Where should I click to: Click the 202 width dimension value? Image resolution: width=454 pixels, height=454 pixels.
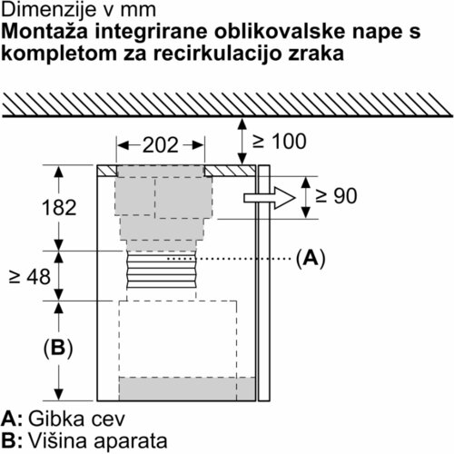click(161, 145)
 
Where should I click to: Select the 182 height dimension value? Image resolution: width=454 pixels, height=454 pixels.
click(59, 208)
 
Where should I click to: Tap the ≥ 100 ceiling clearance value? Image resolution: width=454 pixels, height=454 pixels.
click(279, 142)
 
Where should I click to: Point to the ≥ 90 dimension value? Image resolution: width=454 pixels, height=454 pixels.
click(336, 196)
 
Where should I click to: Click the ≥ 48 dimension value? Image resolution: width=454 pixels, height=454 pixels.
click(30, 277)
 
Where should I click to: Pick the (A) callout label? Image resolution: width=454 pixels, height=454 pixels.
click(311, 259)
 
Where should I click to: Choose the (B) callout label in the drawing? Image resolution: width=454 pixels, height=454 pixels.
click(58, 348)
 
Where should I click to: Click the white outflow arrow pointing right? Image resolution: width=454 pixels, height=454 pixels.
click(270, 198)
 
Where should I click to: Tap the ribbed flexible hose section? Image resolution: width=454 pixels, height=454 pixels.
click(162, 270)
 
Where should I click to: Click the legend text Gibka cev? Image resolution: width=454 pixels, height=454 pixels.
click(76, 419)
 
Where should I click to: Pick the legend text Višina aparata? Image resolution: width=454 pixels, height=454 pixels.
click(98, 440)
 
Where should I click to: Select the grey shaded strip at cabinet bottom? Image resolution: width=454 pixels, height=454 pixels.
click(187, 389)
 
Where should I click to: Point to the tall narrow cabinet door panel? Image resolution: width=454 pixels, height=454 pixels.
click(264, 283)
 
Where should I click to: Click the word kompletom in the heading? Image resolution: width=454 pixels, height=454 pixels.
click(59, 54)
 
